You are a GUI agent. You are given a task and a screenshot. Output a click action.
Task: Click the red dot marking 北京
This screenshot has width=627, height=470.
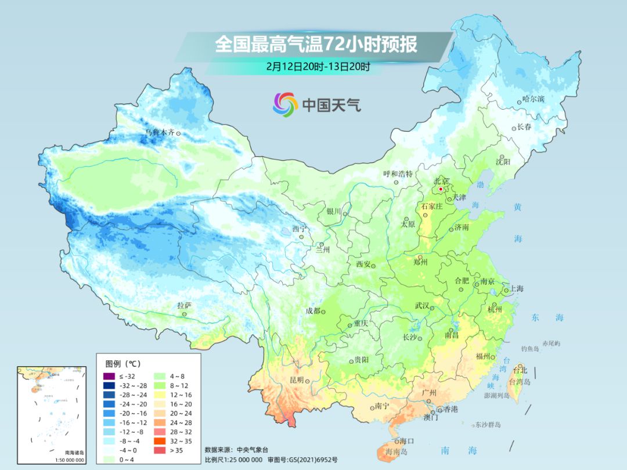pos(441,189)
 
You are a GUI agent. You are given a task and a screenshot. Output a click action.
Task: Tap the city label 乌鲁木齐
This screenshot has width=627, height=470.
pos(159,133)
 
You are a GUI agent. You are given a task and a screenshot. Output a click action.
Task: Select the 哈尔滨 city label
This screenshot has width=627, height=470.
pos(533,99)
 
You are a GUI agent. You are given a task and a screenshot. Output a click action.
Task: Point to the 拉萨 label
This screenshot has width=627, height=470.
pos(184,305)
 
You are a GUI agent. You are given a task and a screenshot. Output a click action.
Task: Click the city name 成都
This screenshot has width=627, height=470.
pos(312,311)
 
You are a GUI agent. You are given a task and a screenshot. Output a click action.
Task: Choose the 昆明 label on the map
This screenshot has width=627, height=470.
pos(296,379)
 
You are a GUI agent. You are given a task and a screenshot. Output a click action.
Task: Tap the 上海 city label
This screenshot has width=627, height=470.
pos(516,289)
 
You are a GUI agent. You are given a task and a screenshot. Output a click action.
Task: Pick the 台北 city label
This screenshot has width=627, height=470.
pos(520,370)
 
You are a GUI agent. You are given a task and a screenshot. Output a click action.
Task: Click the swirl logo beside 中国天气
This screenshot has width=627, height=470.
pos(285,104)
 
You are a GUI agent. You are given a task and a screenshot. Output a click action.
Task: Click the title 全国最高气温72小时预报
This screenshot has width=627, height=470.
pos(316,45)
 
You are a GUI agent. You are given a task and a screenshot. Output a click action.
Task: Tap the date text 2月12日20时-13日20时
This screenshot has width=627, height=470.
pos(318,66)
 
